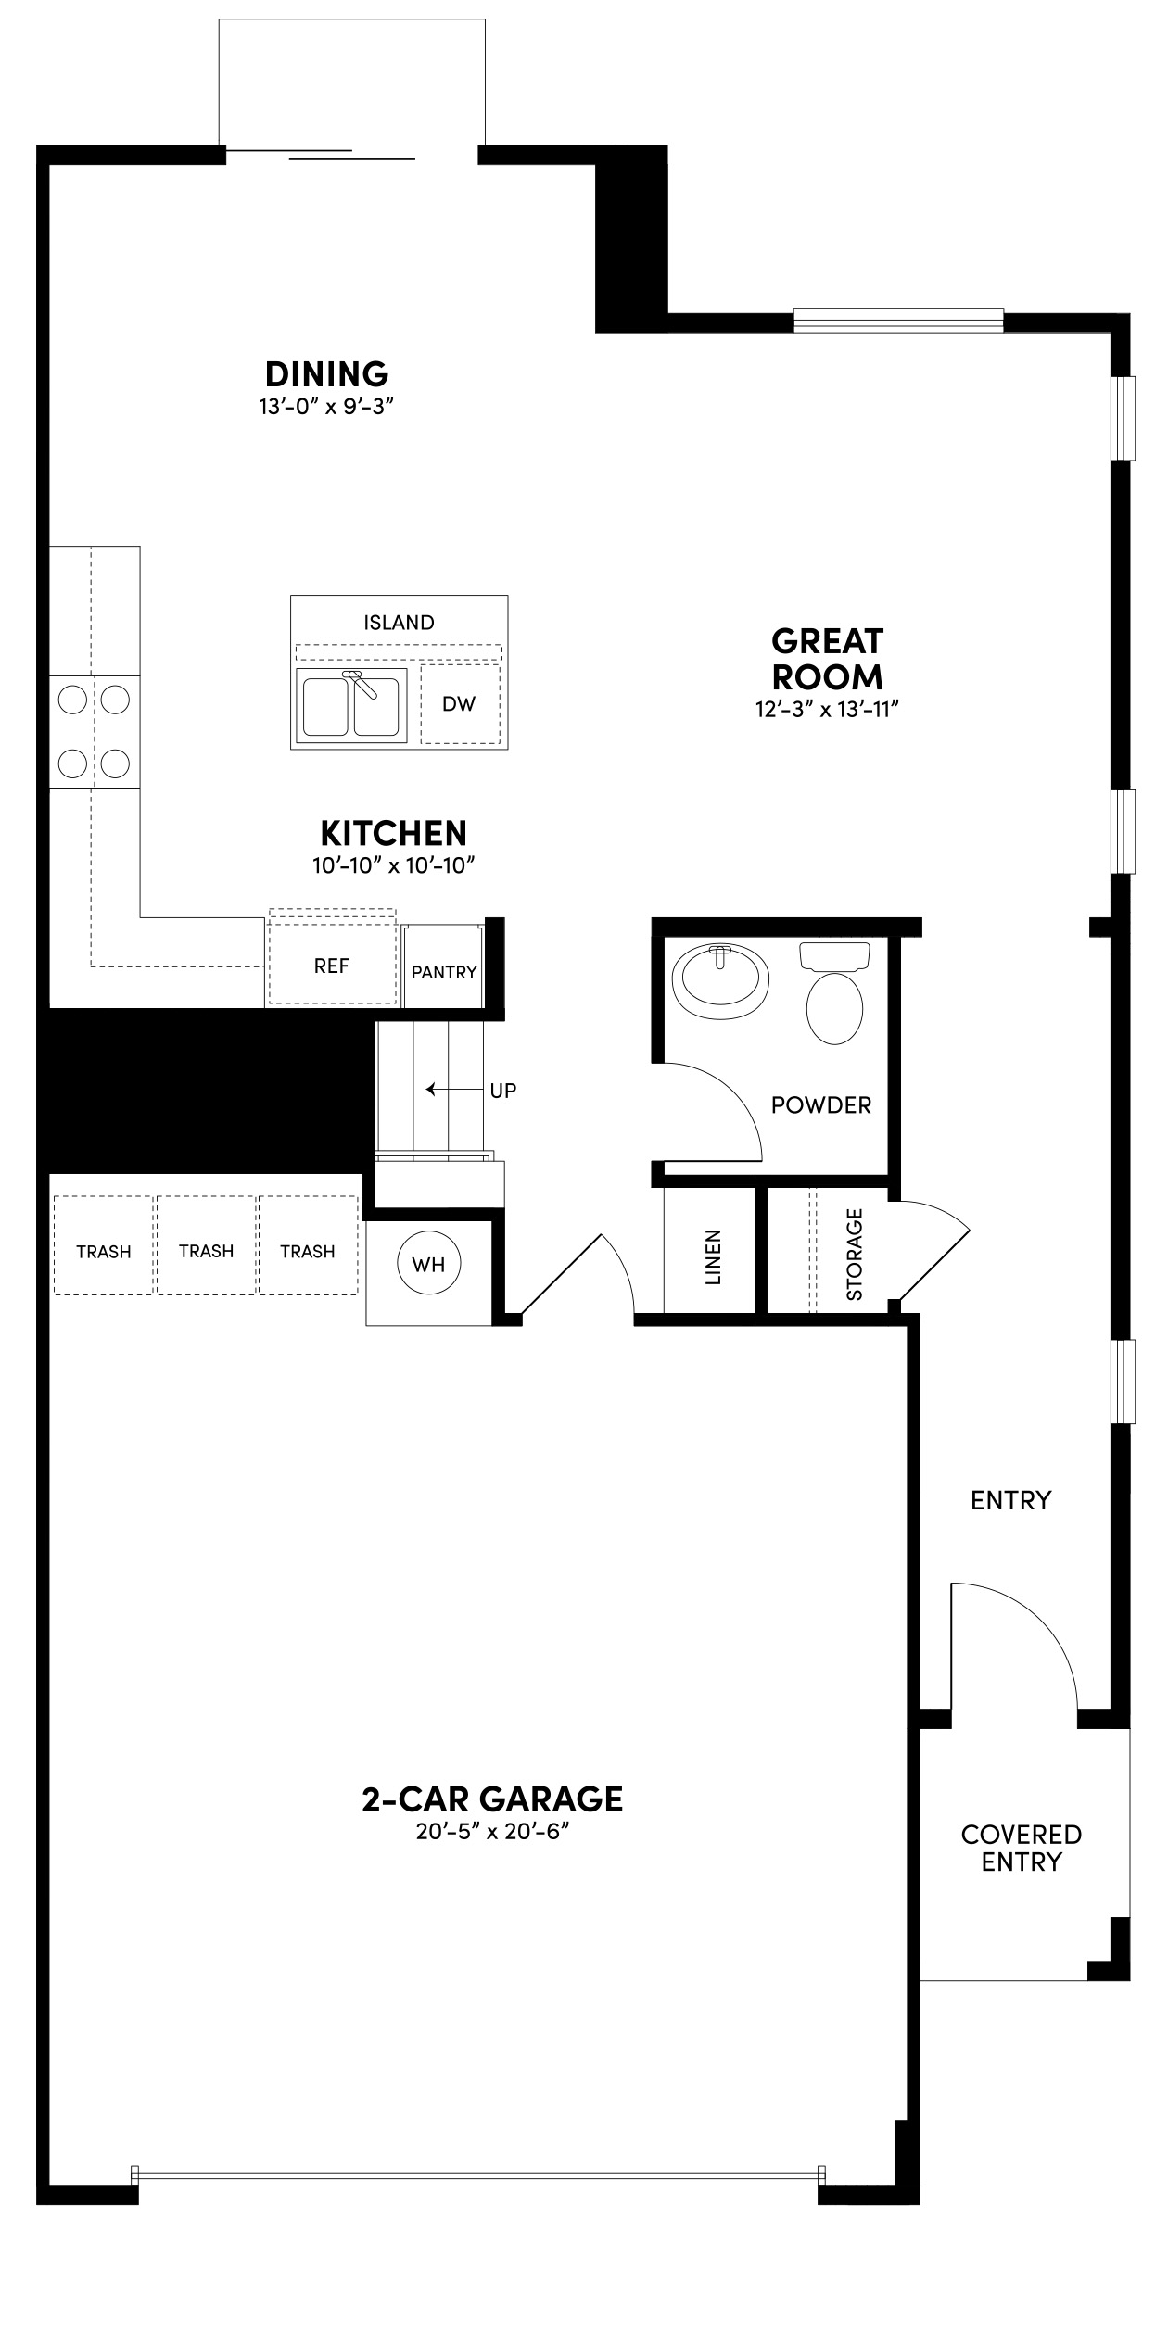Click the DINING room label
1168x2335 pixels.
pyautogui.click(x=326, y=374)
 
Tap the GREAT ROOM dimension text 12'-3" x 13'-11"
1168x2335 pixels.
pyautogui.click(x=827, y=709)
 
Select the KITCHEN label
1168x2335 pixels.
pyautogui.click(x=393, y=833)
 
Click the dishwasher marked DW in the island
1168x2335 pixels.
pyautogui.click(x=459, y=703)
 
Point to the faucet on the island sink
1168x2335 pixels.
pyautogui.click(x=361, y=683)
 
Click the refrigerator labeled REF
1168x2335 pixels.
pyautogui.click(x=332, y=966)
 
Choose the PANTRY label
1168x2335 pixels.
pyautogui.click(x=444, y=972)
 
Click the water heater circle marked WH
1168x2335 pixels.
pyautogui.click(x=428, y=1264)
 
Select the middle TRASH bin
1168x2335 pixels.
pyautogui.click(x=206, y=1251)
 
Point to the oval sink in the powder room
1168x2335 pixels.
pyautogui.click(x=721, y=979)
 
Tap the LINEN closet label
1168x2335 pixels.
pyautogui.click(x=713, y=1257)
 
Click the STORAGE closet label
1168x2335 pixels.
pyautogui.click(x=855, y=1254)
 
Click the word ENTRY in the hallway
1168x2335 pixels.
pyautogui.click(x=1011, y=1499)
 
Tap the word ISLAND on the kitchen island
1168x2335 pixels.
pyautogui.click(x=399, y=623)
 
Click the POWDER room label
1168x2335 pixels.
pyautogui.click(x=821, y=1104)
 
